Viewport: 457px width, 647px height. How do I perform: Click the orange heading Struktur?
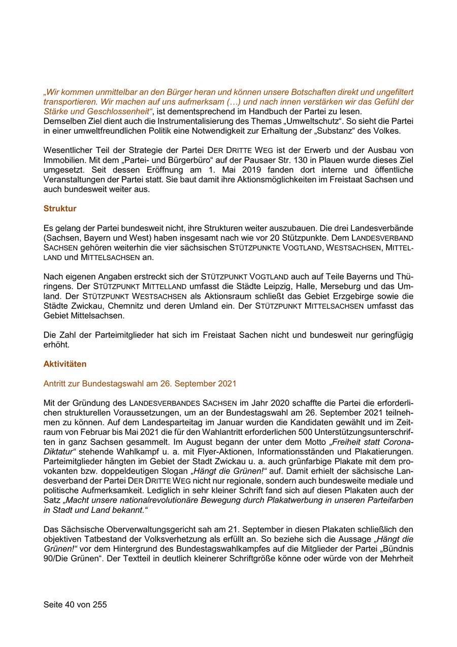click(60, 208)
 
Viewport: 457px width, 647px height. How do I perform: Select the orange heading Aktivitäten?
click(65, 364)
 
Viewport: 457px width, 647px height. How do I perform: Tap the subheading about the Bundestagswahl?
click(140, 383)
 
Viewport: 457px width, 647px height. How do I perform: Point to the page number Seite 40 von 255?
click(75, 605)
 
